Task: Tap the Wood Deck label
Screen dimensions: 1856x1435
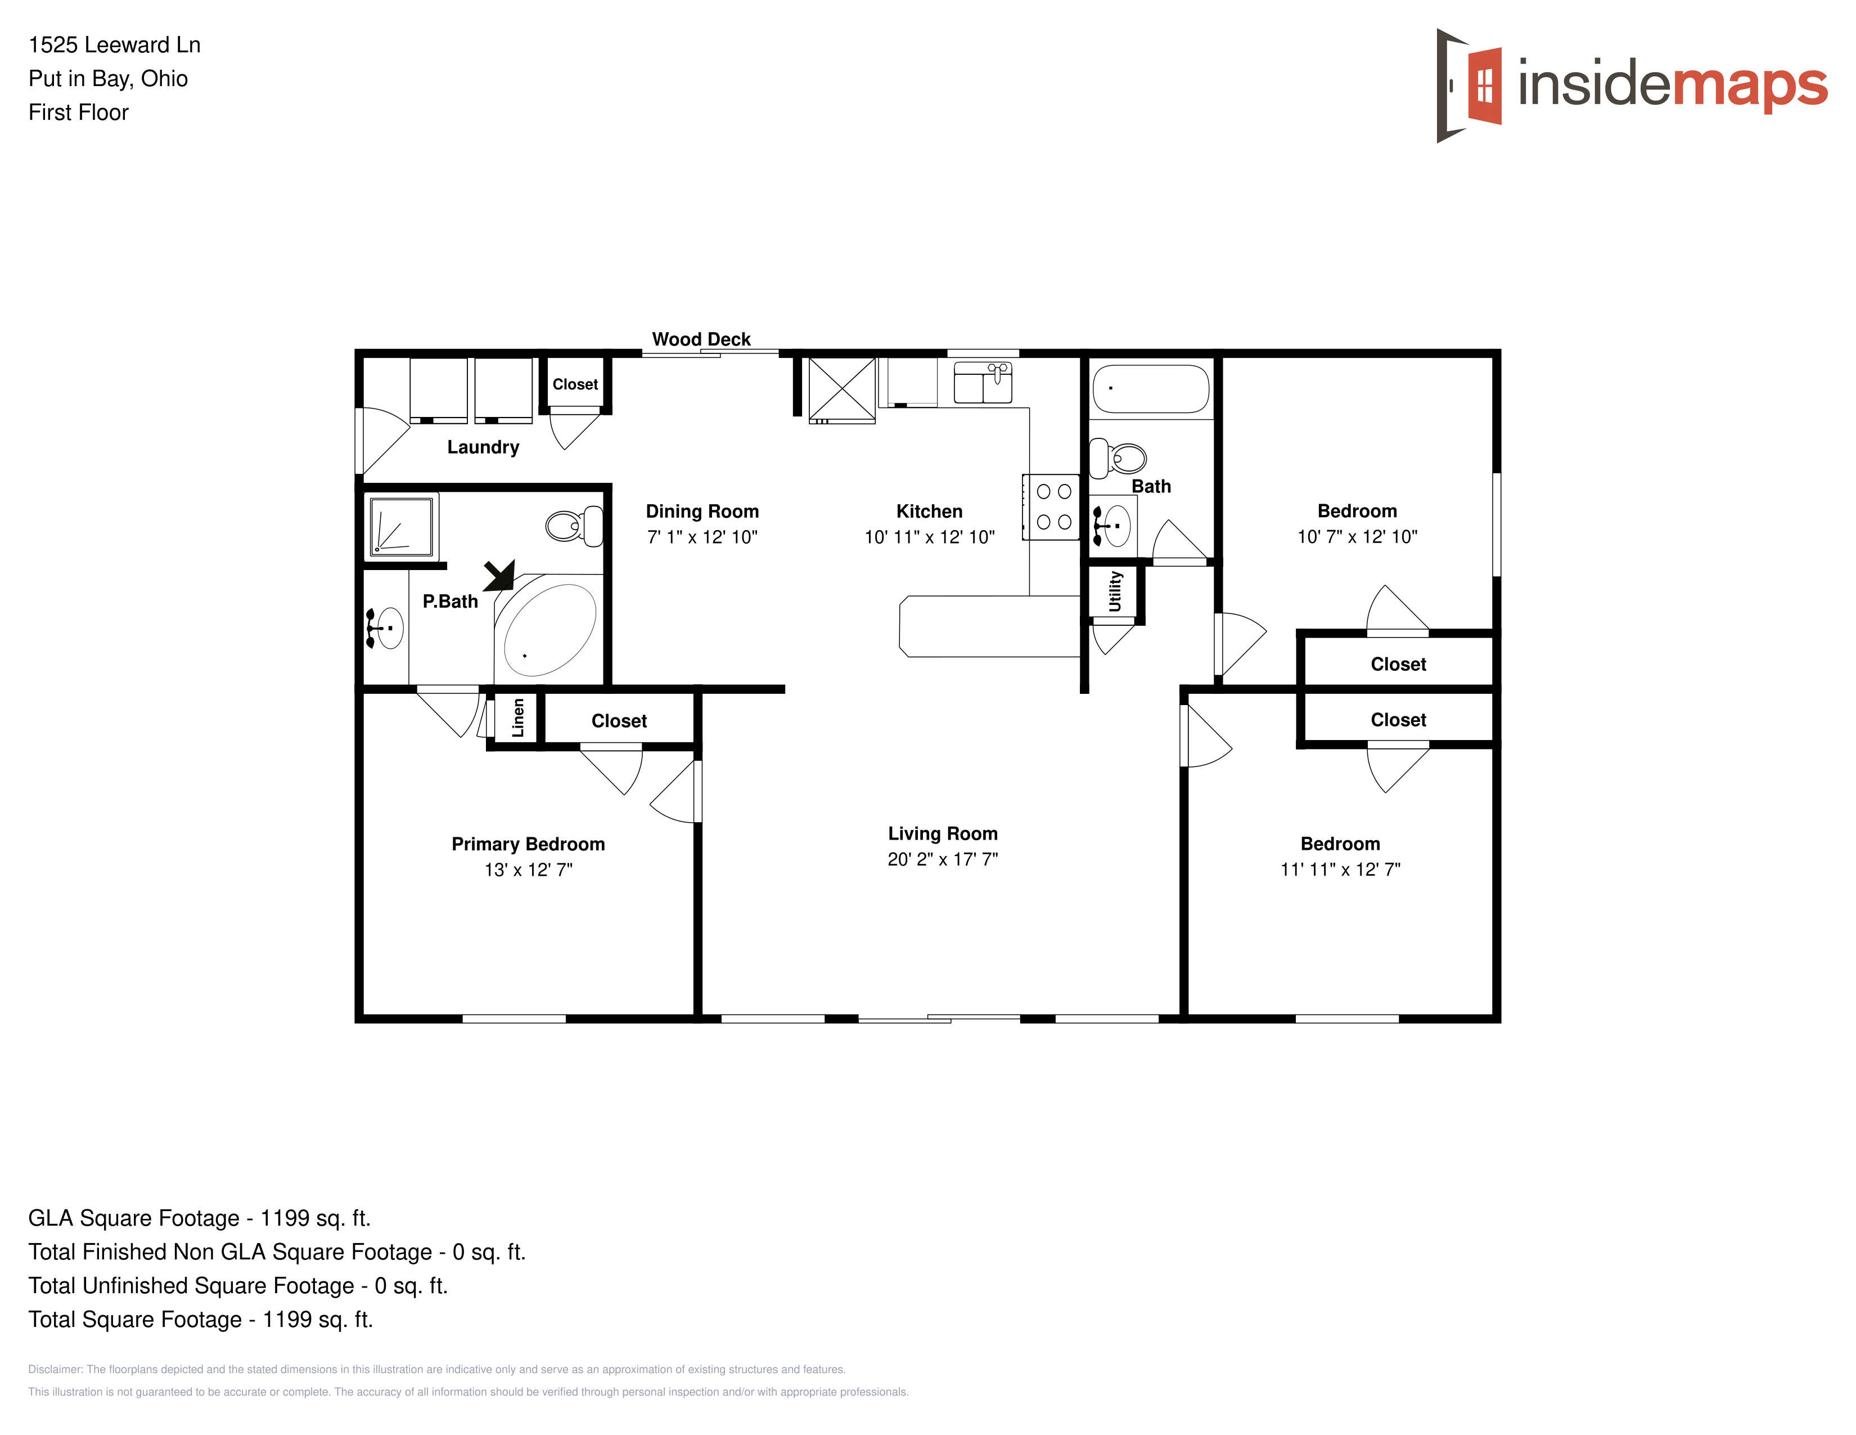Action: [x=701, y=339]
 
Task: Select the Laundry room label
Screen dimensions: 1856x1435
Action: [x=483, y=447]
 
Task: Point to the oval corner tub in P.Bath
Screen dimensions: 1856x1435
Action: [x=549, y=626]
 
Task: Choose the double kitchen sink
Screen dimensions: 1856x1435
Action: [x=983, y=383]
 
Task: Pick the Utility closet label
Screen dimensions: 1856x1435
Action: [x=1115, y=591]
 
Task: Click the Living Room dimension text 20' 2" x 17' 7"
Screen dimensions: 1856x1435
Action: [x=943, y=859]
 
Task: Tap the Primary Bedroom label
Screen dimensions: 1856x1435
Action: [x=528, y=844]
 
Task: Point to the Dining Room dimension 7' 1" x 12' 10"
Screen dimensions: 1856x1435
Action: [x=702, y=537]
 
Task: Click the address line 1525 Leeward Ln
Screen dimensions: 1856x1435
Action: [x=115, y=45]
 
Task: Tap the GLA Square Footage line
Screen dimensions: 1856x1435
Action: [x=200, y=1218]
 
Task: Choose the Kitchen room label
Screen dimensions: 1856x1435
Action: [x=930, y=511]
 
